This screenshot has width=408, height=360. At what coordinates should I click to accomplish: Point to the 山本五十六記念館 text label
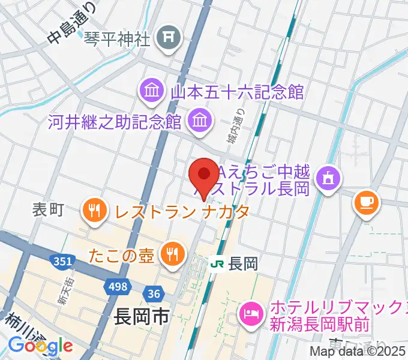click(x=238, y=92)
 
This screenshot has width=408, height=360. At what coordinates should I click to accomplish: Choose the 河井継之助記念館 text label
click(x=115, y=122)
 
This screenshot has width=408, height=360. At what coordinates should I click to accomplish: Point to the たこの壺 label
click(x=124, y=254)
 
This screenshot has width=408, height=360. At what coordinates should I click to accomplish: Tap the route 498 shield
click(x=118, y=287)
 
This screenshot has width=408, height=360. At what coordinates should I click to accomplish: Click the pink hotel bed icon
click(x=250, y=313)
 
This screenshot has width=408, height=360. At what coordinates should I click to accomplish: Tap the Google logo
click(x=40, y=346)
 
